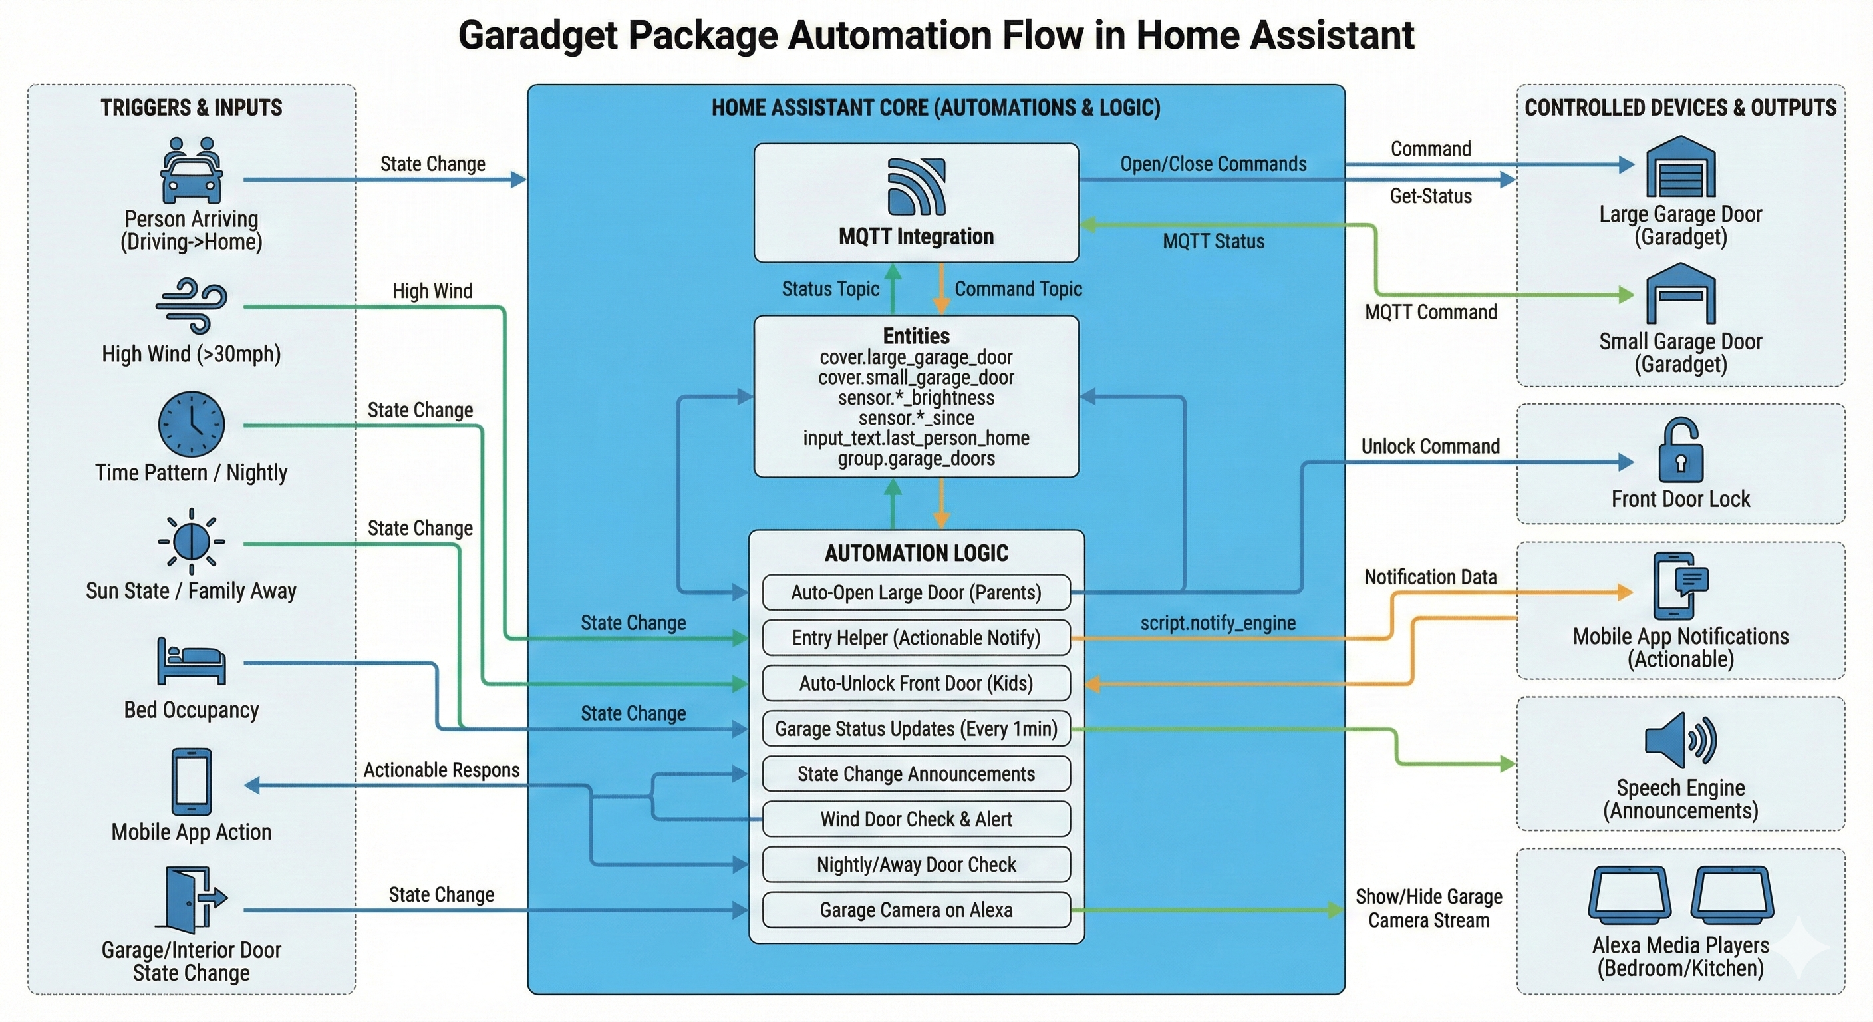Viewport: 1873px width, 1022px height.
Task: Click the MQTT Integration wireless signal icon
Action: pos(916,186)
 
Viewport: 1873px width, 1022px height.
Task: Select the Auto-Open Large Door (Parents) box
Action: pos(916,593)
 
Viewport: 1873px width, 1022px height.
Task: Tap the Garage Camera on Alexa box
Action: pos(916,910)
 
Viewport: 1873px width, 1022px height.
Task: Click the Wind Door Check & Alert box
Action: pos(916,820)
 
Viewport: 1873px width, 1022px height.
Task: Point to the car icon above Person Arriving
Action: pos(192,172)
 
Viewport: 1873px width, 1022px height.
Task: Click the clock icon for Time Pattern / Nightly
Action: pos(192,424)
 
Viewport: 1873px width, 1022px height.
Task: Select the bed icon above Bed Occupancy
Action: pos(192,661)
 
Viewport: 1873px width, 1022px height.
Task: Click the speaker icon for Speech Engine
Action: pos(1679,741)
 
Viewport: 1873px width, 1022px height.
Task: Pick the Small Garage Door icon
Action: pos(1679,294)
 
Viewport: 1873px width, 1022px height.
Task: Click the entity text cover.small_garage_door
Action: pos(916,377)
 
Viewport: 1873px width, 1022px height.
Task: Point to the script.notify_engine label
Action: pos(1218,623)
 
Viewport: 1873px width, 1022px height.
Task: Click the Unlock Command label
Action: pos(1430,446)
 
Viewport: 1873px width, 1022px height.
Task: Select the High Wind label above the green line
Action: pos(432,291)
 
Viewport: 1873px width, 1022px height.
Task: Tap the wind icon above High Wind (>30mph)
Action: pos(192,305)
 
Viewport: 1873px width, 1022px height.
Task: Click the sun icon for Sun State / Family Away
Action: pos(192,542)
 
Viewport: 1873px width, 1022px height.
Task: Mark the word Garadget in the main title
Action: pos(537,35)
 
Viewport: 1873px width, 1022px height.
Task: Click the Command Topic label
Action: pos(1018,289)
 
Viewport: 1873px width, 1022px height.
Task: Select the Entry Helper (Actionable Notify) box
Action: pos(916,638)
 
